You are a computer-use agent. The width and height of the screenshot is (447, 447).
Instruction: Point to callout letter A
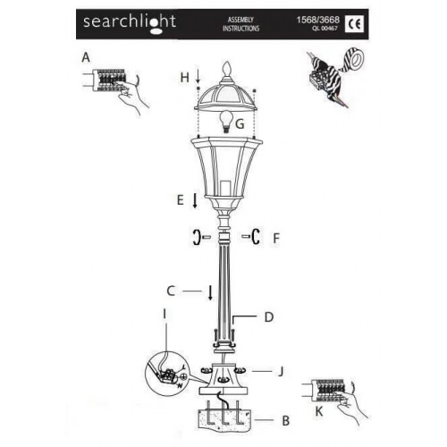tap(86, 55)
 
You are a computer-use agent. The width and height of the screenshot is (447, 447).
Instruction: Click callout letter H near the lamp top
tap(184, 78)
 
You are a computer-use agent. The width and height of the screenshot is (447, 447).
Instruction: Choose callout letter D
tap(267, 316)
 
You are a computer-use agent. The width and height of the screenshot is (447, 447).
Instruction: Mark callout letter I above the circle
tap(164, 339)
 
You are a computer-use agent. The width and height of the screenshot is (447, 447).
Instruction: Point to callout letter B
tap(285, 418)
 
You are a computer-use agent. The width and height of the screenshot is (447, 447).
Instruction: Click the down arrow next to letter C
tap(210, 291)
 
